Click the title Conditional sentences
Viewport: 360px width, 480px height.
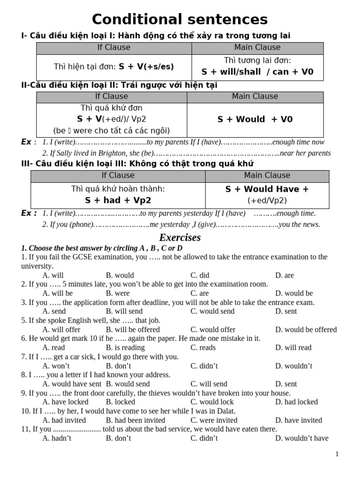point(180,20)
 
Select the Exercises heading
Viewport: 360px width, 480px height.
point(180,237)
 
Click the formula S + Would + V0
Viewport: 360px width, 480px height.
point(255,120)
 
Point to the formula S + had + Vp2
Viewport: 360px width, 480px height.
point(118,200)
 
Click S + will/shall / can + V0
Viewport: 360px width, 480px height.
point(257,72)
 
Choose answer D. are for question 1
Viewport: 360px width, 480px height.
point(285,275)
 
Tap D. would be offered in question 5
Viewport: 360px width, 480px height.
point(306,330)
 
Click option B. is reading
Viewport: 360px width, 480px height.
point(125,347)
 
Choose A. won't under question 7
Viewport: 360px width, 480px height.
point(56,366)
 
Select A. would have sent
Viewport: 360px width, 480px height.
point(72,384)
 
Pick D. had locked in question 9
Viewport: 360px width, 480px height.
point(296,402)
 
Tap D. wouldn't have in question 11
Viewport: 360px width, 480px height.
point(302,438)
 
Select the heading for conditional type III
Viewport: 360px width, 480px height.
point(137,164)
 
